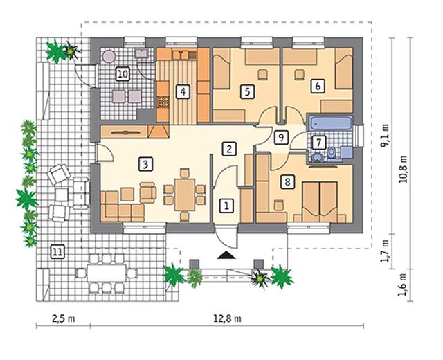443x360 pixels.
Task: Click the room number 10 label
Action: [x=123, y=74]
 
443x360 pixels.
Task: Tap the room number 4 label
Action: [x=183, y=92]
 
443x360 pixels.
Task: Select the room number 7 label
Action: [x=319, y=143]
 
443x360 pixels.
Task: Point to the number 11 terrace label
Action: [x=57, y=251]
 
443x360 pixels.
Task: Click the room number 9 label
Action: [x=281, y=137]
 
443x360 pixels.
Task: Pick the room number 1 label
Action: [x=226, y=206]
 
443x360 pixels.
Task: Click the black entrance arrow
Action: [x=226, y=255]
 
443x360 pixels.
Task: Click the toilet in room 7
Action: [x=332, y=152]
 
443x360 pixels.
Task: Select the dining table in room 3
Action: [x=185, y=195]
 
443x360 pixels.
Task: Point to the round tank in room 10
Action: [x=109, y=56]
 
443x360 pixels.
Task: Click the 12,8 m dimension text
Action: [x=227, y=318]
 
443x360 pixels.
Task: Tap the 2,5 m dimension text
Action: [x=64, y=318]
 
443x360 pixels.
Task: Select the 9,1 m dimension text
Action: [x=384, y=136]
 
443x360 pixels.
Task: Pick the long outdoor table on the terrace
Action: [x=107, y=273]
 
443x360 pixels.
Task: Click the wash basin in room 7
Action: [x=318, y=156]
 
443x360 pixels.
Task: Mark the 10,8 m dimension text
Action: [x=403, y=169]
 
